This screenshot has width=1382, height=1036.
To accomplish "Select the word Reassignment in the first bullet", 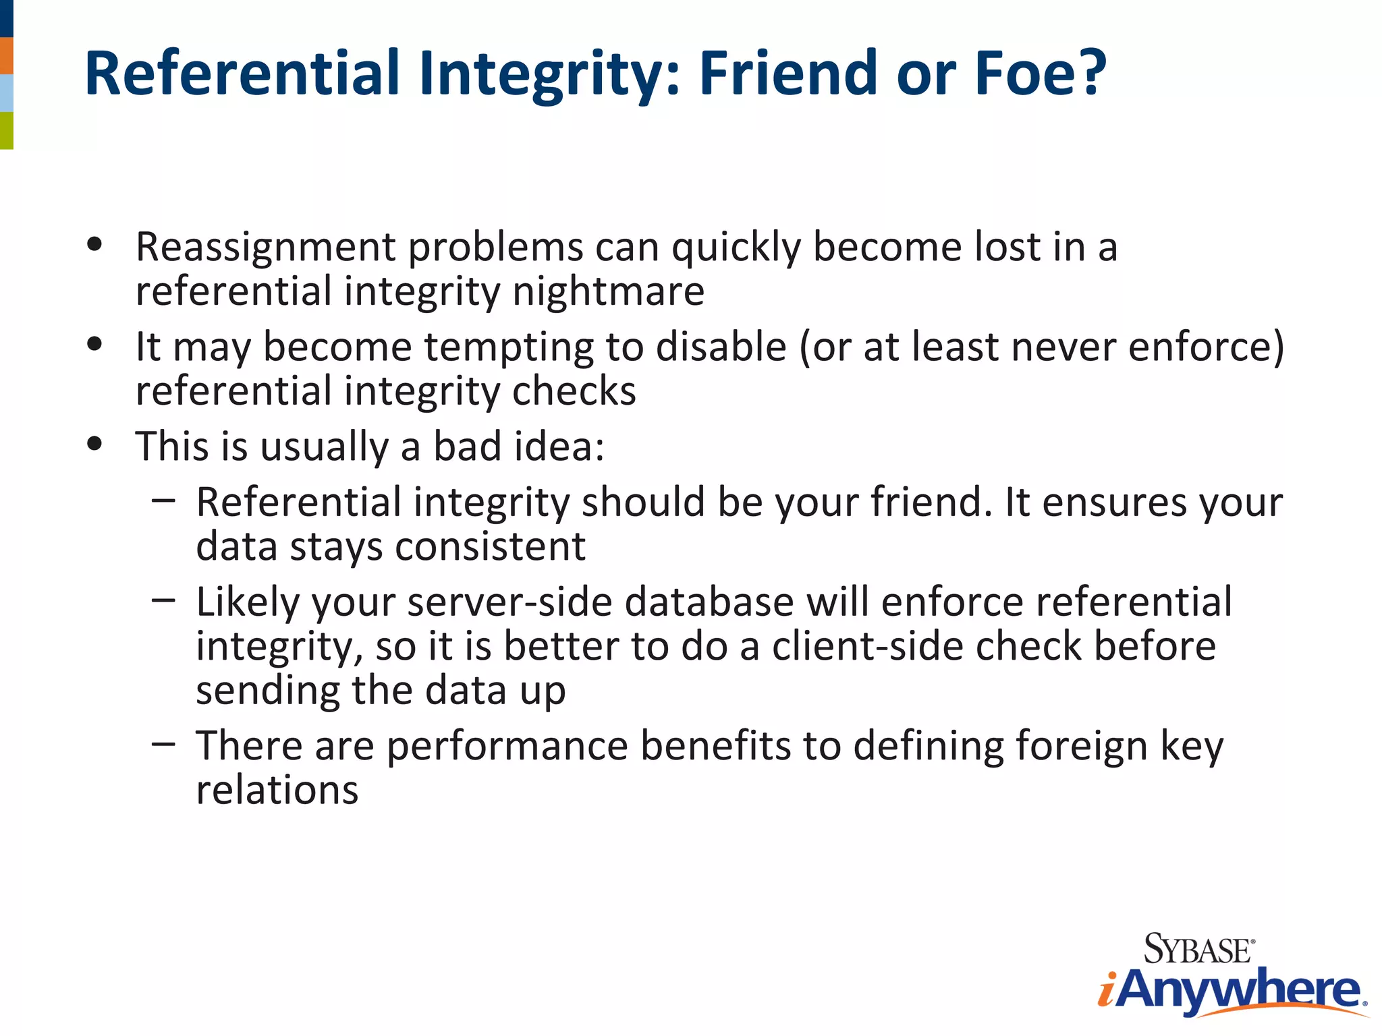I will click(x=265, y=248).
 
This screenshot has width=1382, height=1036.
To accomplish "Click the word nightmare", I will click(x=608, y=291).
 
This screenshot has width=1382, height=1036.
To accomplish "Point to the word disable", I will click(x=721, y=347).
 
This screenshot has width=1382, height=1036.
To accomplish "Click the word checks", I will click(x=574, y=391).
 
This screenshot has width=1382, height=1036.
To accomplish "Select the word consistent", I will click(x=490, y=546).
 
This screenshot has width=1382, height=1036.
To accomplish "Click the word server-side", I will click(x=509, y=602).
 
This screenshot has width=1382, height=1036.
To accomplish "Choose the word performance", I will click(x=507, y=746).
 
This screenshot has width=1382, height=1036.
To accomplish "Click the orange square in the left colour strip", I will click(x=6, y=55).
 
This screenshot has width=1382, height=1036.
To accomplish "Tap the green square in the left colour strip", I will click(x=6, y=130).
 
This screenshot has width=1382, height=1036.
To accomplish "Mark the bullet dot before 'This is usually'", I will click(x=94, y=444).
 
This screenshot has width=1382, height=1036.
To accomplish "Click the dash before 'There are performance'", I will click(x=163, y=744).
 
